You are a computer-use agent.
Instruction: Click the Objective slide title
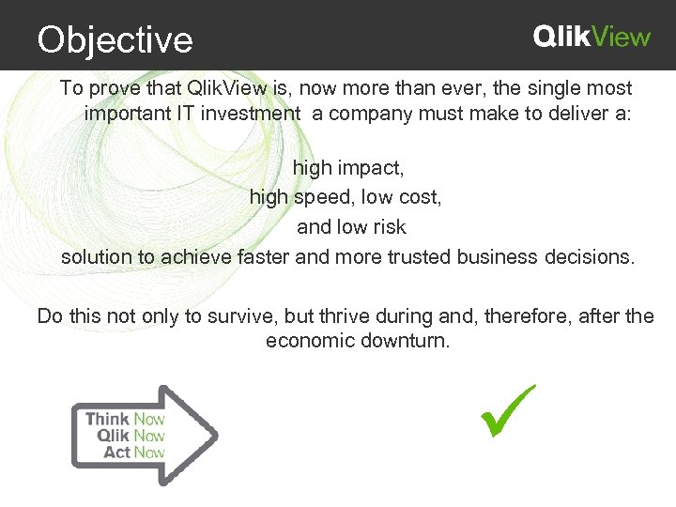pos(115,39)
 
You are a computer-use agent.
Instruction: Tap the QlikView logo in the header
pos(591,37)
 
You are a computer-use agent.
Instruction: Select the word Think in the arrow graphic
pos(107,419)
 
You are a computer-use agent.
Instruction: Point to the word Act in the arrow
pos(116,453)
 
